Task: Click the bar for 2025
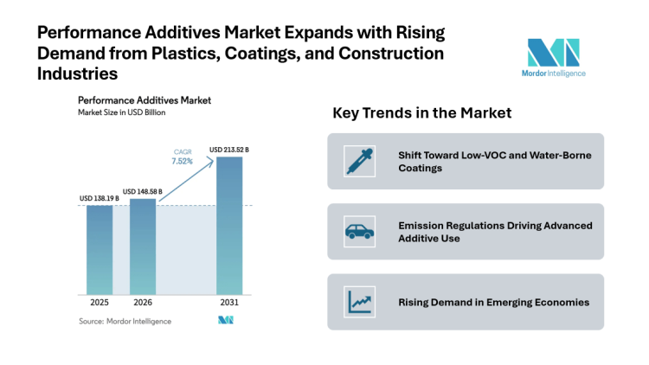pos(100,249)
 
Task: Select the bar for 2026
pos(143,246)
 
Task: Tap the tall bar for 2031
pos(229,225)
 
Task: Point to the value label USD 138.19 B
pos(100,199)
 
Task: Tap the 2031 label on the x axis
pos(229,303)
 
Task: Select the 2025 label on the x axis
pos(100,303)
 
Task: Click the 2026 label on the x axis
pos(143,303)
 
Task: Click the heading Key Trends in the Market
pos(421,113)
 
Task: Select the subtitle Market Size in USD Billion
pos(121,112)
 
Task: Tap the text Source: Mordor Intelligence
pos(125,321)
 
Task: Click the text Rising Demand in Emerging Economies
pos(493,302)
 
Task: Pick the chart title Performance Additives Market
pos(144,99)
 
